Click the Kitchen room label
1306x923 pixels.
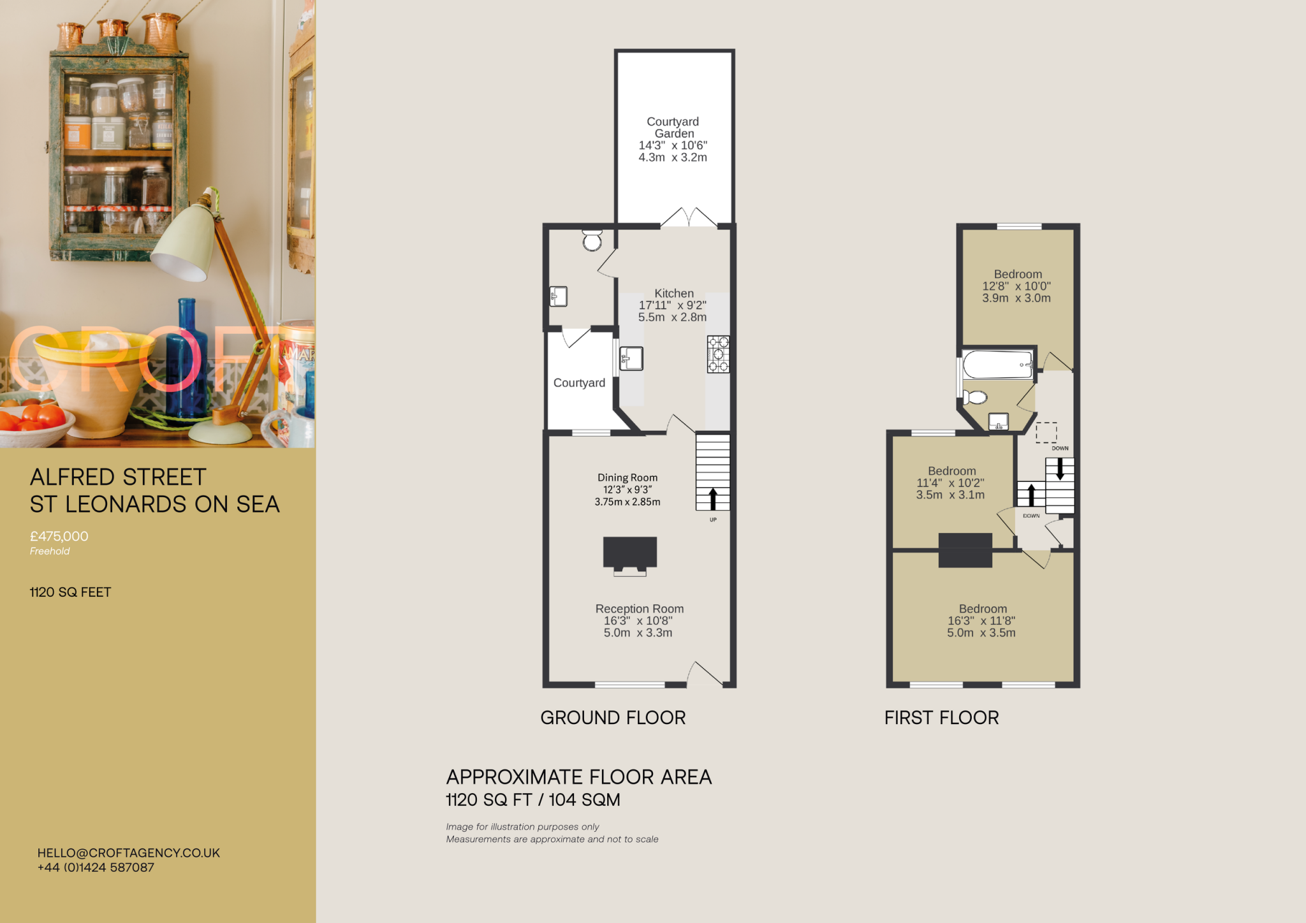pos(673,294)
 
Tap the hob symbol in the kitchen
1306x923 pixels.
pos(718,354)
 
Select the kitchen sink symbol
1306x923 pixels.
pos(631,358)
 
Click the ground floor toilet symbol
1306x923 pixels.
pos(592,240)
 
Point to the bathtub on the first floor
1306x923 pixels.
pos(997,365)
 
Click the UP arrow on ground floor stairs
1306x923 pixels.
pos(713,498)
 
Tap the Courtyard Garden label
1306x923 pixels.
pos(673,127)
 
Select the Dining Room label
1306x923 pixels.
pos(627,477)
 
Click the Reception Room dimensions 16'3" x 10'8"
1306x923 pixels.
pos(638,621)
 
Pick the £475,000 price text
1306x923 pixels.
pos(59,536)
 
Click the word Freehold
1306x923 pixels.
pos(50,551)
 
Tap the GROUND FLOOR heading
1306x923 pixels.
pos(613,718)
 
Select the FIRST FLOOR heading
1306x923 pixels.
pos(941,718)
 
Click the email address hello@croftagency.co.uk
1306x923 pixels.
pos(129,853)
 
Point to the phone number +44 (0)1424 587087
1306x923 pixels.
pos(96,868)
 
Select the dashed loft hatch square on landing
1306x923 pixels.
pos(1046,432)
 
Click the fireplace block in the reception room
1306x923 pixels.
pos(629,553)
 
